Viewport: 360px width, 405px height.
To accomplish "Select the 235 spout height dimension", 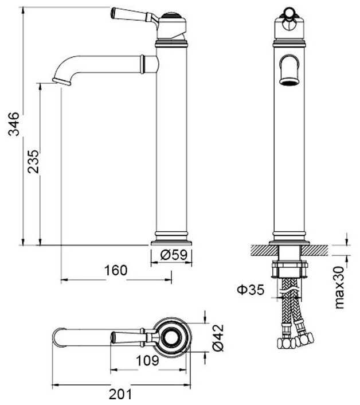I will pos(33,163).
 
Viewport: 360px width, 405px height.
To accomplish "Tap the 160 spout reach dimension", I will pos(116,270).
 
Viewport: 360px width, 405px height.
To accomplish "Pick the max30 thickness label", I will pos(340,286).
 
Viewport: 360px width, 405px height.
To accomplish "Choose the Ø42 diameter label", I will pos(216,338).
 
